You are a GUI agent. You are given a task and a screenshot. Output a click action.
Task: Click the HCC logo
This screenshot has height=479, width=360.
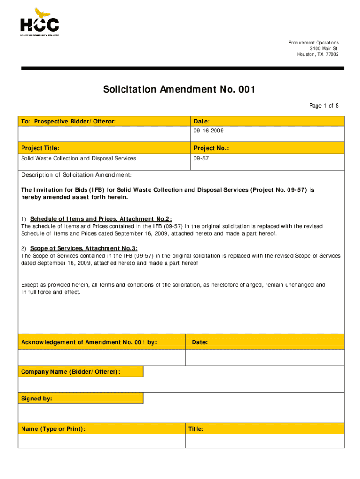[39, 22]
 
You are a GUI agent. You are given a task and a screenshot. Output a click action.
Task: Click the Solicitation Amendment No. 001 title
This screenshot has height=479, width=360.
[180, 89]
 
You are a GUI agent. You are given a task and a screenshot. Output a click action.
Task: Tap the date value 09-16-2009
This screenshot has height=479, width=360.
[205, 131]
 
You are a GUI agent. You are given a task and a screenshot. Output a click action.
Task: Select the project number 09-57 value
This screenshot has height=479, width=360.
[201, 159]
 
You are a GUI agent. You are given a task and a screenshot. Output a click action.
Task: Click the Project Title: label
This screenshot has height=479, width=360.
[40, 148]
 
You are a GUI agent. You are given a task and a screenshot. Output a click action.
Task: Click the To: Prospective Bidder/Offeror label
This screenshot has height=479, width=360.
[68, 122]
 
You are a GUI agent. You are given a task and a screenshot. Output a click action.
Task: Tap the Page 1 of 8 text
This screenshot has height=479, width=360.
[324, 106]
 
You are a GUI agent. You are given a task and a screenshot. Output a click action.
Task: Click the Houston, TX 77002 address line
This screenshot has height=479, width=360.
[317, 54]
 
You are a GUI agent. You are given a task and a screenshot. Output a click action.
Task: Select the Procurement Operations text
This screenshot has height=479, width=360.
[313, 43]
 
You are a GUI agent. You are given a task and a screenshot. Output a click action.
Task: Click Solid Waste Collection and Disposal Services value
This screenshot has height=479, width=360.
[79, 159]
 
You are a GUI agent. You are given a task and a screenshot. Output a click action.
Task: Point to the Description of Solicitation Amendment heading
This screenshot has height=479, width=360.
[77, 175]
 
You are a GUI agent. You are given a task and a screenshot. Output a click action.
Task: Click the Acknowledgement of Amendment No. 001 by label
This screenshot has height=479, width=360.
[89, 342]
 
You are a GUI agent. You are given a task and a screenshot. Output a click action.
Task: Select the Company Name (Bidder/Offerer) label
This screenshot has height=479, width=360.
[71, 372]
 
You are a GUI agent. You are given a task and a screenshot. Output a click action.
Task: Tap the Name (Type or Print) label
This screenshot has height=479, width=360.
[53, 428]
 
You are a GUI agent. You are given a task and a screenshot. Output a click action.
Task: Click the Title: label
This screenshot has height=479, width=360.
[196, 428]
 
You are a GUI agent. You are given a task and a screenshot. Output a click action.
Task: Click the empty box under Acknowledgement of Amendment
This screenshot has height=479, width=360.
[101, 358]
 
